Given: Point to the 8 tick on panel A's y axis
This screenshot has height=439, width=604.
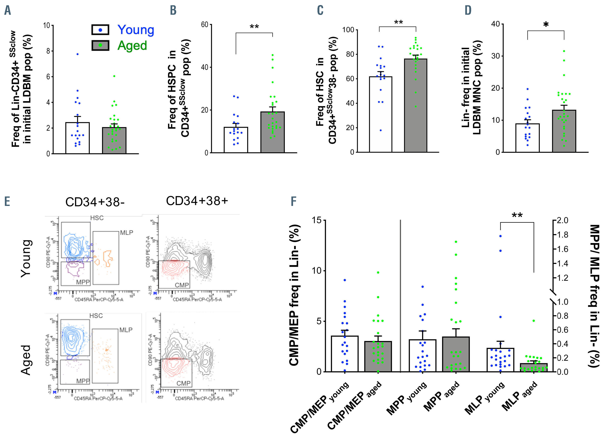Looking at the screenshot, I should (48, 51).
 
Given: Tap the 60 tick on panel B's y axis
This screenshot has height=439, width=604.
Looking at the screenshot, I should (205, 25).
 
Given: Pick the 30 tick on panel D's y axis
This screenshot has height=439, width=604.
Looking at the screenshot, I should (495, 56).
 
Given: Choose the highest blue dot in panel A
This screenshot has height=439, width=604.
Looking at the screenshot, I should (77, 54).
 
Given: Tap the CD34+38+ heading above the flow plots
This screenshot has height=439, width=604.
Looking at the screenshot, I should (197, 201).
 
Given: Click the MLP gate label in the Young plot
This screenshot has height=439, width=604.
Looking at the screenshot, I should (127, 233).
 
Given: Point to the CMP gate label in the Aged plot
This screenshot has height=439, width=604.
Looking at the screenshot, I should (184, 383).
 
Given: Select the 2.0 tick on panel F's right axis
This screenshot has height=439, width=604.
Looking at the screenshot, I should (563, 220).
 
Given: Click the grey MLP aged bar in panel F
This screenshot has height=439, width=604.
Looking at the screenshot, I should (534, 367).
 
